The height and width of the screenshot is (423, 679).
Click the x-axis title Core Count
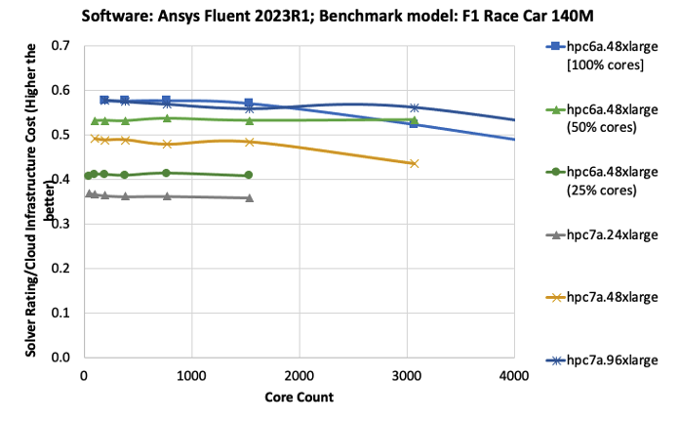pos(299,398)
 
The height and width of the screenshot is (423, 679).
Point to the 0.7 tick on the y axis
pos(60,46)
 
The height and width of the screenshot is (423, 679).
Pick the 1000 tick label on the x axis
pos(191,376)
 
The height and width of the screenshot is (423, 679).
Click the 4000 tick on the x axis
pos(514,376)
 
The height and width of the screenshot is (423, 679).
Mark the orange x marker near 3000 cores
pos(415,163)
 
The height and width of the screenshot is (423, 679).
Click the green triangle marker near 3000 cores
pos(415,120)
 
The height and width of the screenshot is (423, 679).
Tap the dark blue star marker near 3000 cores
pos(415,107)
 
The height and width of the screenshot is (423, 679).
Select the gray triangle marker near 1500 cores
pos(250,198)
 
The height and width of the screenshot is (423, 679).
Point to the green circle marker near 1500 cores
pos(249,175)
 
